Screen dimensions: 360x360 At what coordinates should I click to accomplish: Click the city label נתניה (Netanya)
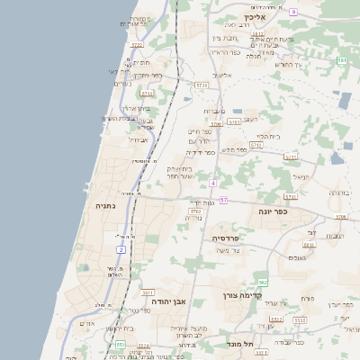click(x=107, y=205)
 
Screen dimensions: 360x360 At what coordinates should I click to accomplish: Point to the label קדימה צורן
click(x=238, y=294)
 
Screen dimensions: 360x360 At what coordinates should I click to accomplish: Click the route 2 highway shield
click(x=121, y=248)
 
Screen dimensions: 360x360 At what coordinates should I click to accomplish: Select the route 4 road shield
click(x=212, y=183)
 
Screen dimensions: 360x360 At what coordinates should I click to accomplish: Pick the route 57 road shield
click(x=223, y=200)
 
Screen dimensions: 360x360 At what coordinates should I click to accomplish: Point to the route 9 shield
click(x=293, y=12)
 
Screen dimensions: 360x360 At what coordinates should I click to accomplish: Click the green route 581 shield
click(x=342, y=59)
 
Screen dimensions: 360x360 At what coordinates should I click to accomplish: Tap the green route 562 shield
click(x=264, y=283)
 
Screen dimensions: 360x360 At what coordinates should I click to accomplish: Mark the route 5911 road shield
click(x=147, y=293)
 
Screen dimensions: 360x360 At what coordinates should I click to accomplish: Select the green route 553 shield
click(x=121, y=345)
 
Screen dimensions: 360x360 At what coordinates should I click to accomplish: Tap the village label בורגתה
click(x=339, y=193)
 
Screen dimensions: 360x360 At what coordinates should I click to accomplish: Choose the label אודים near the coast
click(x=87, y=323)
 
